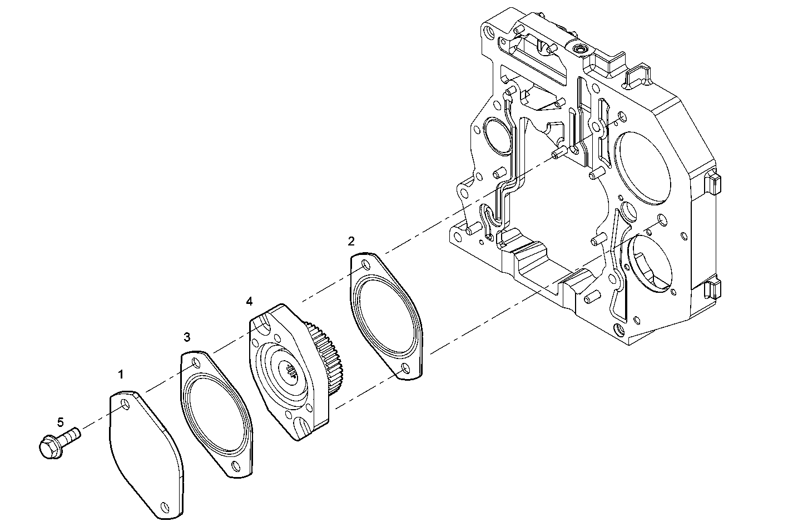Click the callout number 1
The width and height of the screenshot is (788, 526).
[x=121, y=375]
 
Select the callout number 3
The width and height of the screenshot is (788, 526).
[x=187, y=337]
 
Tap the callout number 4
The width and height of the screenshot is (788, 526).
[x=249, y=301]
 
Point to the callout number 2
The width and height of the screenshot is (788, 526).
[x=351, y=240]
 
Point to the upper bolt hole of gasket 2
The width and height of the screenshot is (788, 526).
[x=365, y=266]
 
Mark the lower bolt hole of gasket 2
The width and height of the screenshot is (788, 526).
[x=404, y=368]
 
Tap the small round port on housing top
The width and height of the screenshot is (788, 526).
[x=580, y=50]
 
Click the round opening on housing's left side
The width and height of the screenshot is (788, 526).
[x=496, y=136]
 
